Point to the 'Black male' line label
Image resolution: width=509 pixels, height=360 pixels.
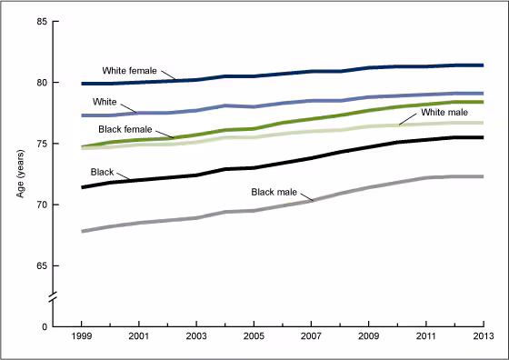coord(274,192)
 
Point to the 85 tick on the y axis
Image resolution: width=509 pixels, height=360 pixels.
coord(42,22)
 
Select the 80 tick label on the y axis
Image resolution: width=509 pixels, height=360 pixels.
coord(42,83)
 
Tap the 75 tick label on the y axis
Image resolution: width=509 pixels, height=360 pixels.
coord(42,144)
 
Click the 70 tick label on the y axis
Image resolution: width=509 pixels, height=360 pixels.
coord(42,205)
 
